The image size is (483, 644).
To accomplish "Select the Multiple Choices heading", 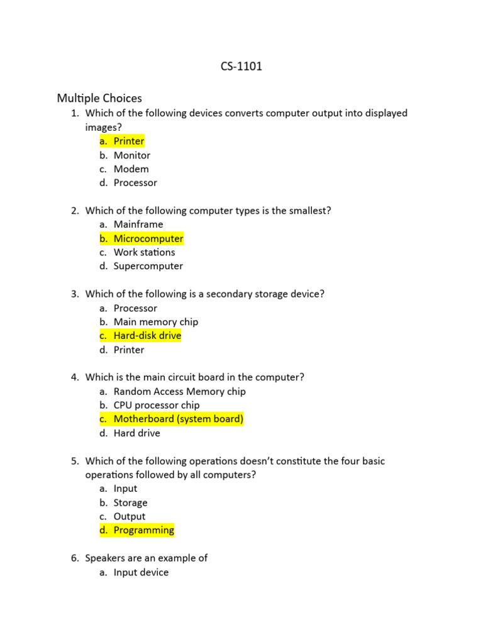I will [99, 98].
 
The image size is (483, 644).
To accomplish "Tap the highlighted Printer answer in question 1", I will [129, 141].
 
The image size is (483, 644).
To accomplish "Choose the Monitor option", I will [132, 155].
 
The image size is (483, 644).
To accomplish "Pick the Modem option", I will [131, 169].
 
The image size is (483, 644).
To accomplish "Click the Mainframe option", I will [138, 225].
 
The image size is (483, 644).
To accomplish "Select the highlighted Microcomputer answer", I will [148, 238].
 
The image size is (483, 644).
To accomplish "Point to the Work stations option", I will [144, 252].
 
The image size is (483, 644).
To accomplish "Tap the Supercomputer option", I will [148, 266].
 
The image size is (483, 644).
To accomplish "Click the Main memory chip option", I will [156, 322].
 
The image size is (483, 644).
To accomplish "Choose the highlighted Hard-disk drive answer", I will [147, 336].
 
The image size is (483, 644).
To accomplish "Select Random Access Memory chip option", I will [180, 391].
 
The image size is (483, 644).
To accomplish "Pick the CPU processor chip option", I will [157, 405].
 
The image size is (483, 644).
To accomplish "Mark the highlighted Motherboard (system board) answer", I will [178, 419].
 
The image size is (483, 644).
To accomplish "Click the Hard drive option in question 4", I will [137, 433].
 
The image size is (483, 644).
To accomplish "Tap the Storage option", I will [131, 502].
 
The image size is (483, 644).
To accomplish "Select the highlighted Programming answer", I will [144, 530].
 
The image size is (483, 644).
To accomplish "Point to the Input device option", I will [141, 572].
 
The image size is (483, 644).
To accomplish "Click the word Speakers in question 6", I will [105, 558].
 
